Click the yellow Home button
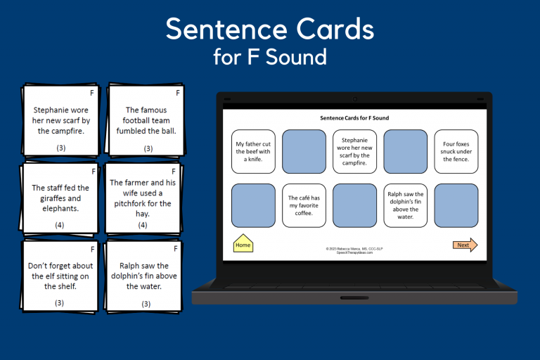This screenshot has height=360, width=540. coord(243,244)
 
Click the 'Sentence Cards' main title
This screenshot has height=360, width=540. coord(270,29)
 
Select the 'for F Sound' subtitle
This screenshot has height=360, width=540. coord(270,56)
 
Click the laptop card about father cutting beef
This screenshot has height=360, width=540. coord(253,151)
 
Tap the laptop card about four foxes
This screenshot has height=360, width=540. coord(456,151)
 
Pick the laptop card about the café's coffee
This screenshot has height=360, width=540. coord(304,205)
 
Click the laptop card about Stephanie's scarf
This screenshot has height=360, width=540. coord(355,151)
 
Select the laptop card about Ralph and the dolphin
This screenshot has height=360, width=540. coord(406,205)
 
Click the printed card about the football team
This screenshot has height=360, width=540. coord(145,121)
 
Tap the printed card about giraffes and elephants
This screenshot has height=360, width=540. coord(60,198)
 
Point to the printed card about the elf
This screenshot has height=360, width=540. coord(60,276)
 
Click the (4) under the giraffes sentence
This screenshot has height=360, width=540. coord(60,225)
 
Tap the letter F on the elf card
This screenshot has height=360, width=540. coord(91,249)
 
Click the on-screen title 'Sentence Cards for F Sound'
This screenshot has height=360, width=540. coord(354,118)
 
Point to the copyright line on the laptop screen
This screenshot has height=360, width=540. coord(354,250)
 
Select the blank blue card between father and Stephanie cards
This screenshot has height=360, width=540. coord(304,151)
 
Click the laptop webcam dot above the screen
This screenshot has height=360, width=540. coord(354,98)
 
